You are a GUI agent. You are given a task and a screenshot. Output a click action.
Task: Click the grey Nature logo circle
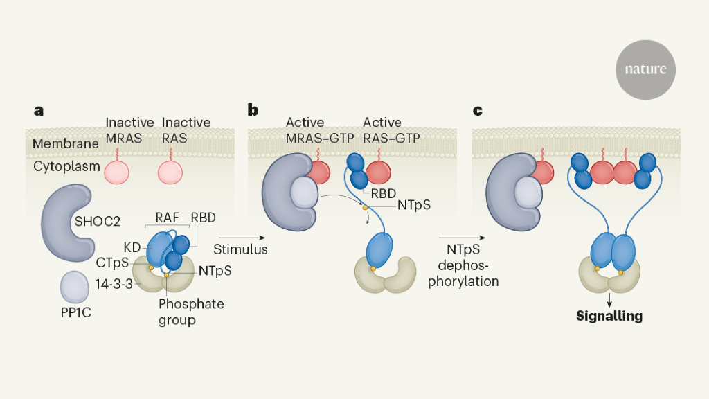(x=645, y=69)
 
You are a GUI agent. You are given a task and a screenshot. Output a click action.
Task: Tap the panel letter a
(x=39, y=110)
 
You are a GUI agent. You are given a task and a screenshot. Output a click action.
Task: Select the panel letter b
(x=253, y=110)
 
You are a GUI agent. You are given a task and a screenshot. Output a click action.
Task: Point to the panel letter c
(x=477, y=110)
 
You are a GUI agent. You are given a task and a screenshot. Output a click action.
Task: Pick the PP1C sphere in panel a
(x=75, y=285)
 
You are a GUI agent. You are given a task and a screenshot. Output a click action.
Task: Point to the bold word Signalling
(x=609, y=317)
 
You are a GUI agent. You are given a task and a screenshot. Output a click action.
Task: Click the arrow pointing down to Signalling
(x=609, y=299)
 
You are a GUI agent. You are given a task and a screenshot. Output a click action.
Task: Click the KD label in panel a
(x=132, y=246)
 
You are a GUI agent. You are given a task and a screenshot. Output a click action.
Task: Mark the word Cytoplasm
(x=66, y=166)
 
